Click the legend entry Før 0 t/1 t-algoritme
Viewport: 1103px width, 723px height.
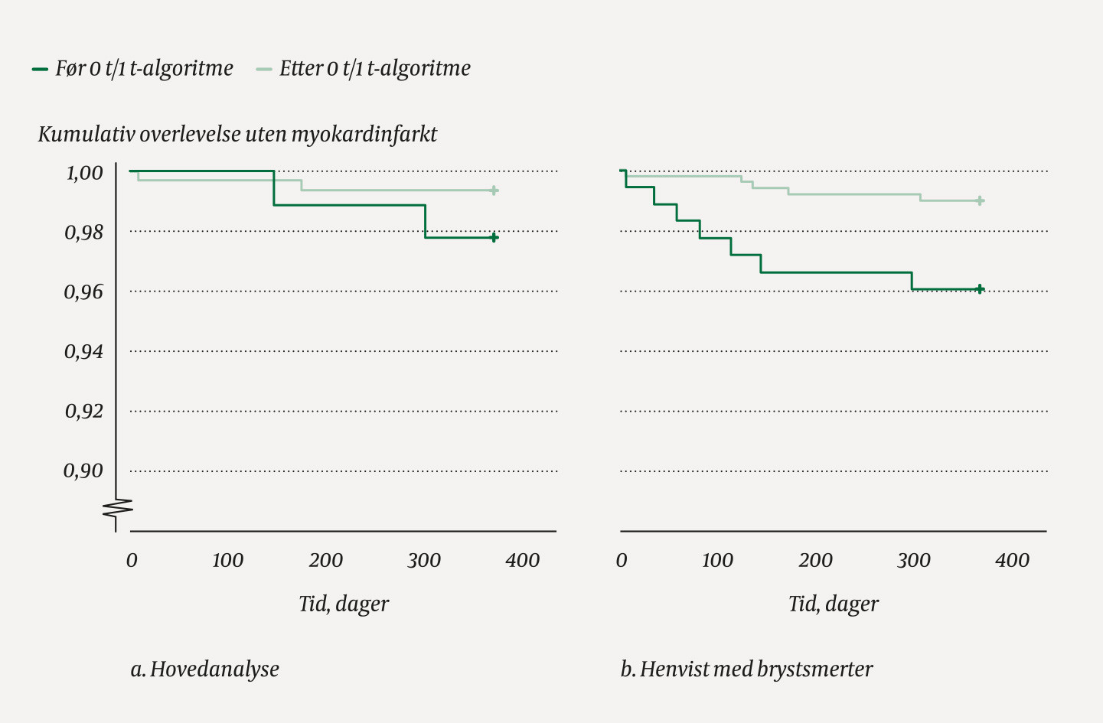[132, 69]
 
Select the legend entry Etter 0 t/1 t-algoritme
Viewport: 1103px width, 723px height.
[364, 69]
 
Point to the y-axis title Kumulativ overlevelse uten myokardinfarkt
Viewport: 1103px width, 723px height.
[237, 135]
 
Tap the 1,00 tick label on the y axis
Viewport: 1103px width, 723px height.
[84, 173]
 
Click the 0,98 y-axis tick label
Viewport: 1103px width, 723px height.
[83, 233]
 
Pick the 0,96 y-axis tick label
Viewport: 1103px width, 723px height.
[83, 292]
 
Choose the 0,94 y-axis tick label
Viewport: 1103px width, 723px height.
[83, 352]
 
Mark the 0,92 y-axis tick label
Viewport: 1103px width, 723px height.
[83, 412]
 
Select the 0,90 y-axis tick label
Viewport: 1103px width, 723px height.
[83, 471]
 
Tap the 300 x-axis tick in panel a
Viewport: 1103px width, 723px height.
[424, 561]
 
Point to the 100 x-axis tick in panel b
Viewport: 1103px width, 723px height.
[717, 561]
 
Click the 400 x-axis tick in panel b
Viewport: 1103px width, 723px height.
[1012, 561]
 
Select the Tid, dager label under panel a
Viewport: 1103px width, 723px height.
[344, 604]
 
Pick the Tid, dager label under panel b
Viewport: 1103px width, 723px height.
[834, 604]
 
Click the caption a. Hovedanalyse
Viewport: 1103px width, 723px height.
[205, 669]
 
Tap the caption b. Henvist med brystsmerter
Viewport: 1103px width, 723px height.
[746, 669]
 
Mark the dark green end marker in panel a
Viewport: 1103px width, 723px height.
[494, 238]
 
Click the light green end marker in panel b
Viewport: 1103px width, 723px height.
[981, 201]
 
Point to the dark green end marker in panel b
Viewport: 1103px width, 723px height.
[980, 289]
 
